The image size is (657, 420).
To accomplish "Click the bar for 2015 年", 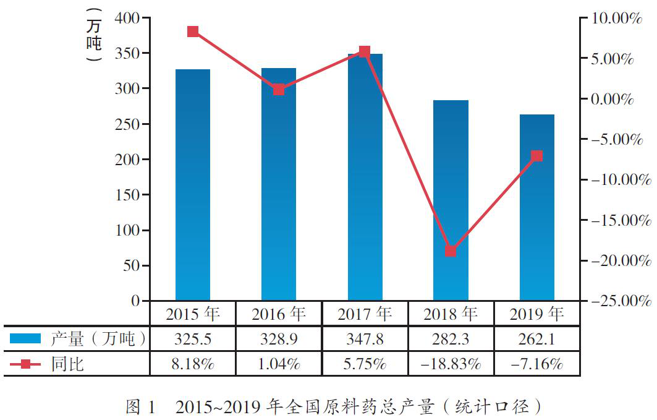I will [193, 185].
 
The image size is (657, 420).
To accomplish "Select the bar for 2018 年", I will [451, 200].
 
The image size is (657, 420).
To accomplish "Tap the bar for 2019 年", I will [536, 207].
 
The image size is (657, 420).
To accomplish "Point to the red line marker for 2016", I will [279, 90].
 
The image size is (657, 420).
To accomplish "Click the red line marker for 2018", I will [451, 251].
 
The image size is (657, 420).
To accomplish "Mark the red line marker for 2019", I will [536, 156].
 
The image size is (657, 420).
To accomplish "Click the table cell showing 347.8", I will [365, 339].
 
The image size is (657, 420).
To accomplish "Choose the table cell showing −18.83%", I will [451, 364].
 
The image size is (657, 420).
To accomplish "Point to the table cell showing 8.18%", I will [193, 364].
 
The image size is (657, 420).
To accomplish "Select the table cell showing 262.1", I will [536, 339].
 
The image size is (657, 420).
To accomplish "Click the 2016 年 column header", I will [279, 314].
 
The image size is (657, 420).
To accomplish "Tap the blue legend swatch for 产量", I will [25, 339].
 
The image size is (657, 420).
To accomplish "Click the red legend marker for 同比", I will [25, 364].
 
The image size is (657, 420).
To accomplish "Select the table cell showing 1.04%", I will [279, 364].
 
